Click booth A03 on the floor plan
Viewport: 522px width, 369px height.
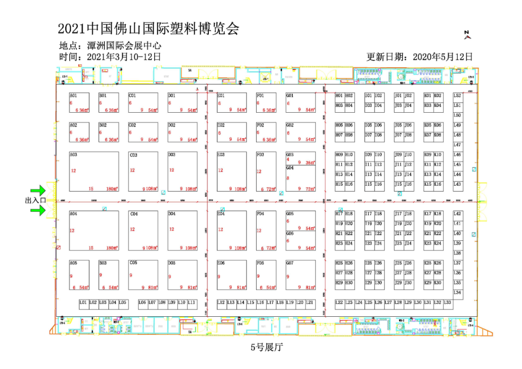click(x=94, y=172)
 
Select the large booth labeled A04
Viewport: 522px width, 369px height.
click(x=94, y=230)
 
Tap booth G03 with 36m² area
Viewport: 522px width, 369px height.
click(x=300, y=159)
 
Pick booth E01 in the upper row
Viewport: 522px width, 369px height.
click(x=232, y=103)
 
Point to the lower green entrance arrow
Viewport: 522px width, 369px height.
click(x=38, y=209)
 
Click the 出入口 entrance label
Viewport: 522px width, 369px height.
click(x=35, y=200)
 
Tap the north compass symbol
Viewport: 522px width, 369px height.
click(x=467, y=34)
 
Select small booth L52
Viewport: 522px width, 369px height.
click(x=457, y=96)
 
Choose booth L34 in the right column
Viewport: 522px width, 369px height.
click(x=457, y=293)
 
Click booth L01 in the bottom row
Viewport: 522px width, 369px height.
click(x=83, y=303)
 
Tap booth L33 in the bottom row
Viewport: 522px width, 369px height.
click(x=448, y=303)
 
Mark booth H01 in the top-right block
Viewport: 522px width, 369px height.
click(x=339, y=96)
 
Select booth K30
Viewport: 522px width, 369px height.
click(x=438, y=283)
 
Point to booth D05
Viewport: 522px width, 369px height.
click(x=182, y=275)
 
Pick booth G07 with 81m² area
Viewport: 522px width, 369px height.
click(x=300, y=275)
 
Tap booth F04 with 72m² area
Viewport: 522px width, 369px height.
click(x=266, y=230)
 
